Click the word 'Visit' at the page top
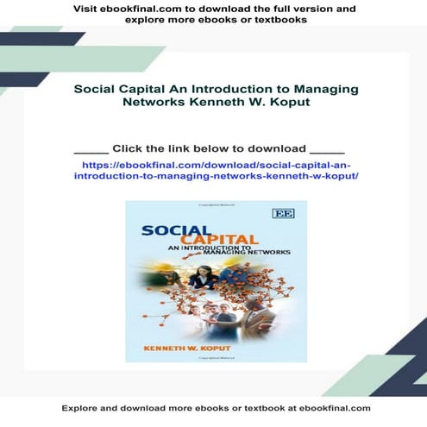click(86, 9)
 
